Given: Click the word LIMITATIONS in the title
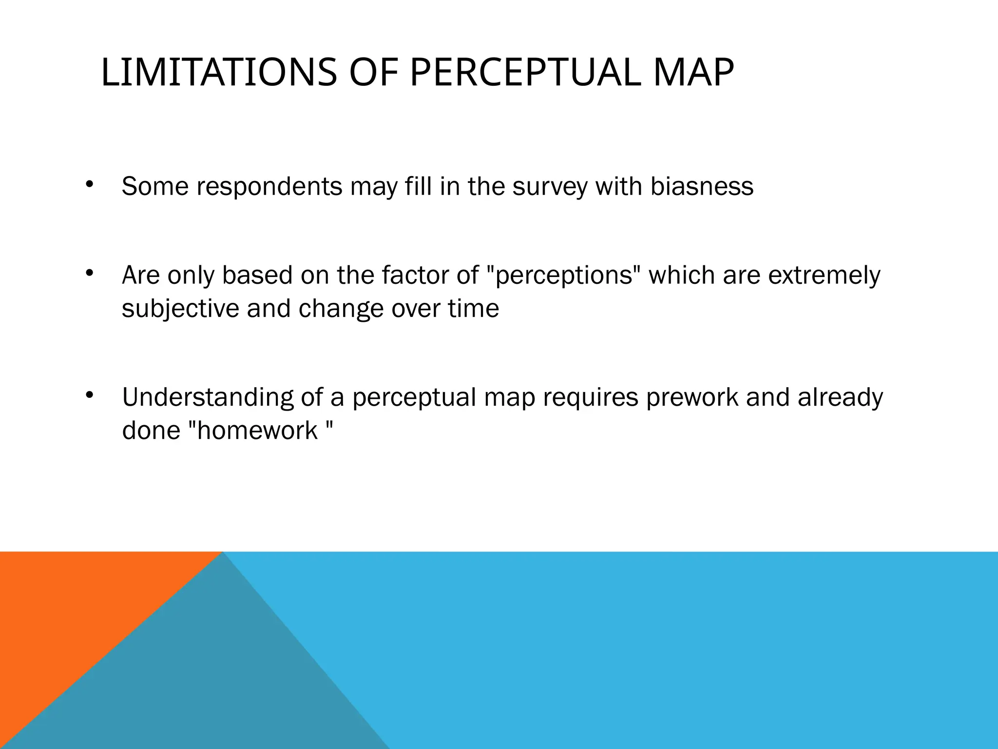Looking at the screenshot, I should click(x=219, y=73).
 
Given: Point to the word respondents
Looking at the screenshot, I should click(x=269, y=187).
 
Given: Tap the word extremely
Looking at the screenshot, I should click(x=824, y=276).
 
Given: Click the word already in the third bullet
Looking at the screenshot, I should click(x=840, y=398).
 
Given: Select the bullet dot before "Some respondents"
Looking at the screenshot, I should click(x=89, y=184).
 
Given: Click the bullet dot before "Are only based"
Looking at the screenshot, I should click(x=89, y=274).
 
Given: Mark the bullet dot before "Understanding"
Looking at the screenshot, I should click(x=89, y=395).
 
